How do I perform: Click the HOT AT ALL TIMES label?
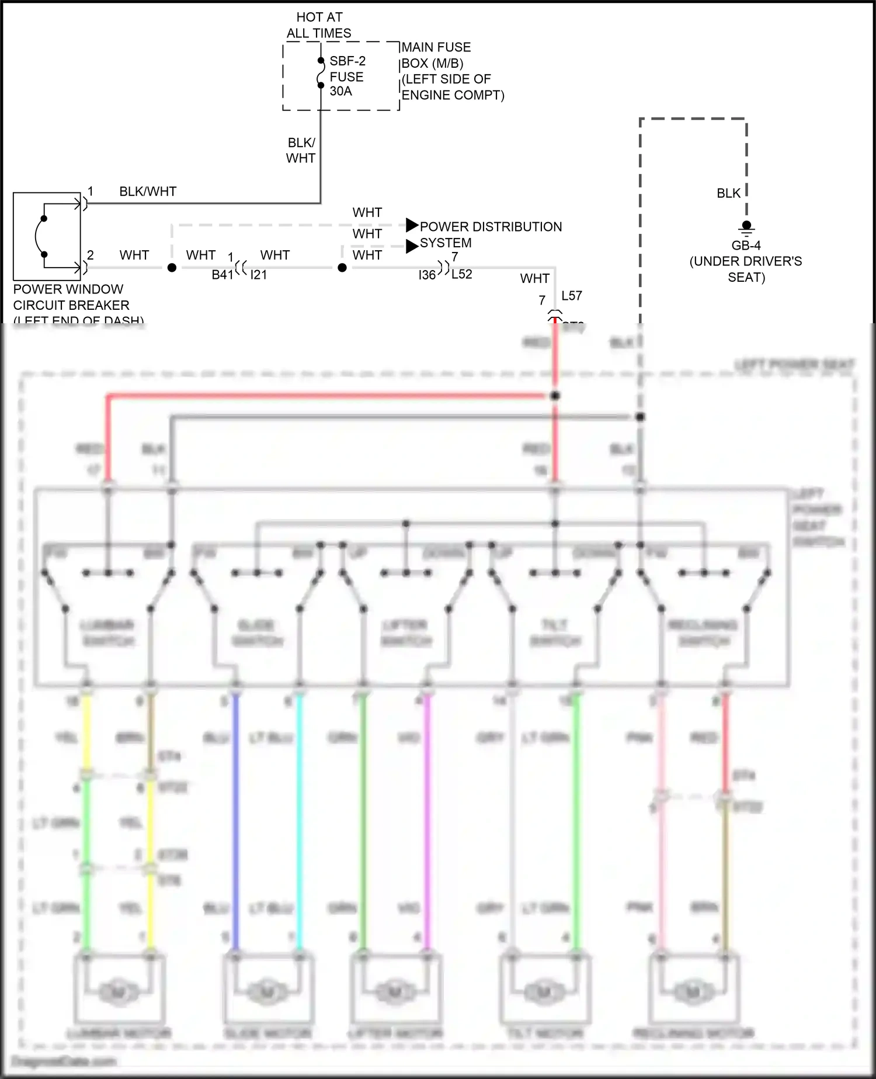[x=319, y=25]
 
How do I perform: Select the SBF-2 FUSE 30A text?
[x=347, y=76]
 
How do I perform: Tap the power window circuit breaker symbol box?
[x=47, y=236]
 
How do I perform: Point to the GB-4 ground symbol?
[x=746, y=227]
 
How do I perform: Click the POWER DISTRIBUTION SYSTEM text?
[x=490, y=234]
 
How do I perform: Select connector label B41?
[x=223, y=275]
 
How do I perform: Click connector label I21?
[x=259, y=275]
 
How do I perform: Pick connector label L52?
[x=461, y=274]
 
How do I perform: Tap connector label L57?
[x=572, y=296]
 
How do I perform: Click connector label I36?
[x=427, y=275]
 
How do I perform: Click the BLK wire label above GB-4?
[x=728, y=193]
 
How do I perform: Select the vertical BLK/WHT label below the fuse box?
[x=301, y=150]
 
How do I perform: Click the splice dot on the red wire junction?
[x=555, y=396]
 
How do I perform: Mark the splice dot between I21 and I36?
[x=342, y=268]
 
